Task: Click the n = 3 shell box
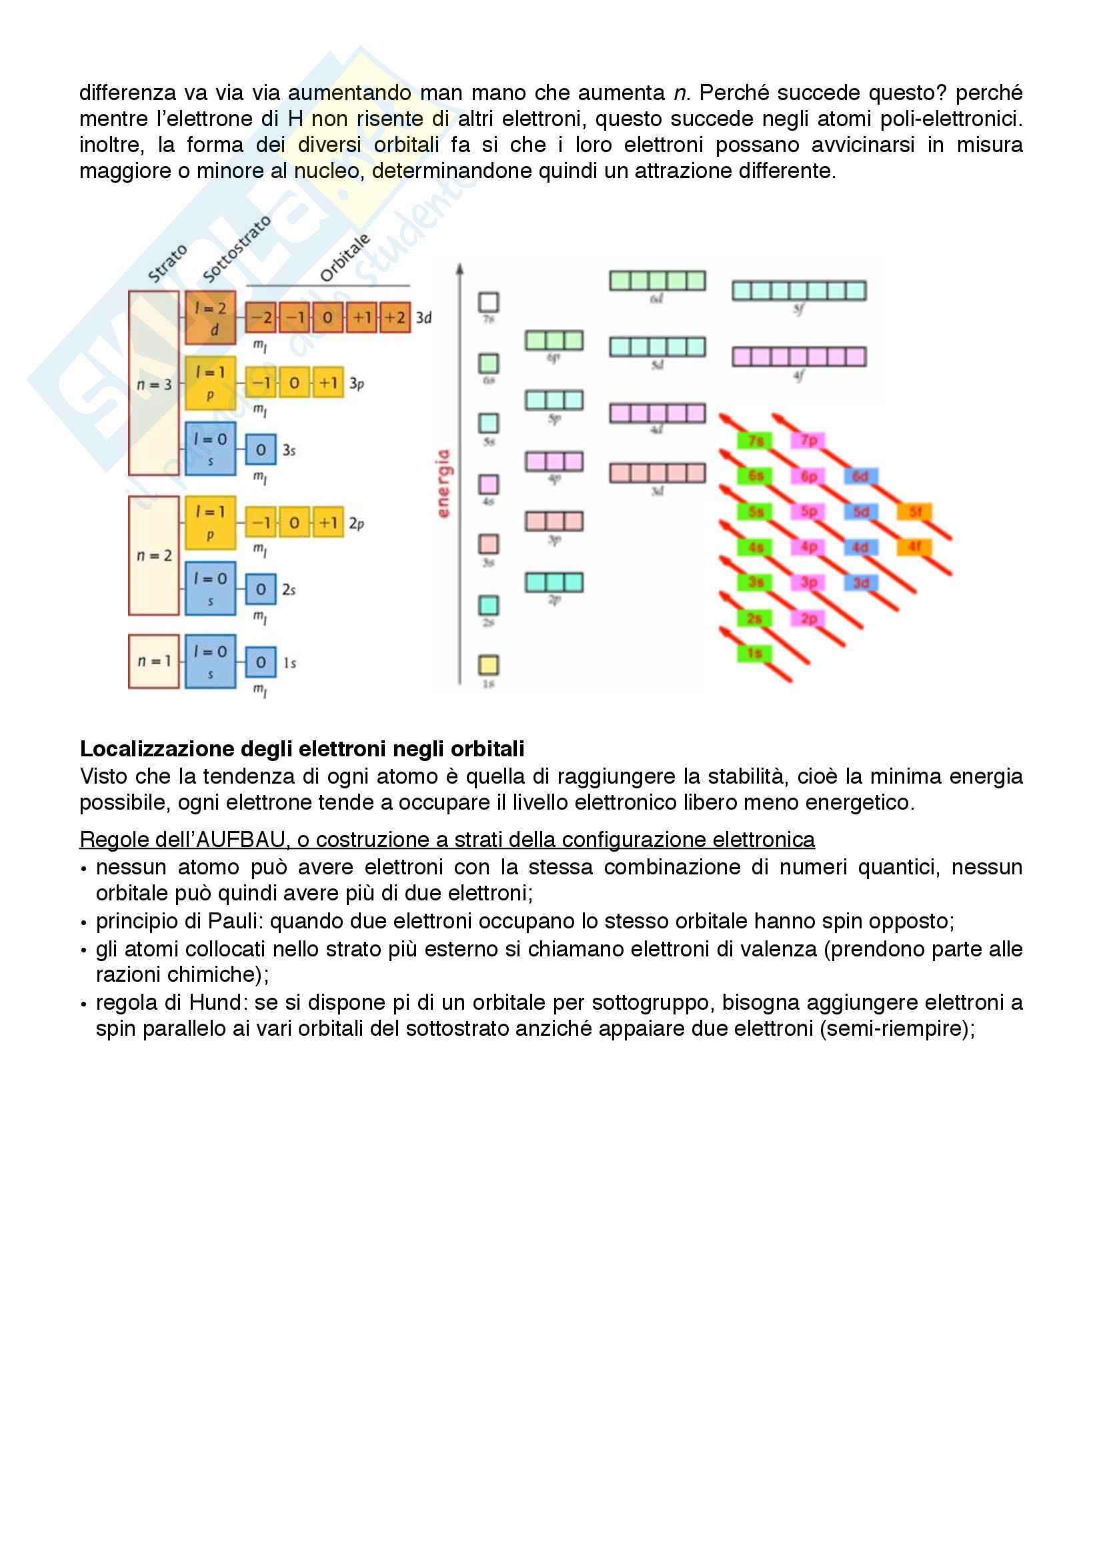pyautogui.click(x=154, y=383)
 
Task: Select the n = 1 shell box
pyautogui.click(x=154, y=661)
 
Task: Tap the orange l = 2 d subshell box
pyautogui.click(x=211, y=318)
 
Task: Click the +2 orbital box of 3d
pyautogui.click(x=395, y=317)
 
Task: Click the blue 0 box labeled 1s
pyautogui.click(x=261, y=662)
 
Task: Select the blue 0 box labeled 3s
pyautogui.click(x=261, y=450)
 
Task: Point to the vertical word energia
pyautogui.click(x=443, y=483)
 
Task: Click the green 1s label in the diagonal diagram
pyautogui.click(x=755, y=654)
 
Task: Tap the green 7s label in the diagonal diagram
pyautogui.click(x=756, y=441)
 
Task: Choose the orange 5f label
pyautogui.click(x=914, y=512)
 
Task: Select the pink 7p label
pyautogui.click(x=808, y=441)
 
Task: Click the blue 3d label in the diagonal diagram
pyautogui.click(x=861, y=583)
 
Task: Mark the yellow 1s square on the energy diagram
pyautogui.click(x=488, y=664)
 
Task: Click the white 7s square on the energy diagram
pyautogui.click(x=488, y=302)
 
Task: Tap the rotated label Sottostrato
pyautogui.click(x=236, y=249)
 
